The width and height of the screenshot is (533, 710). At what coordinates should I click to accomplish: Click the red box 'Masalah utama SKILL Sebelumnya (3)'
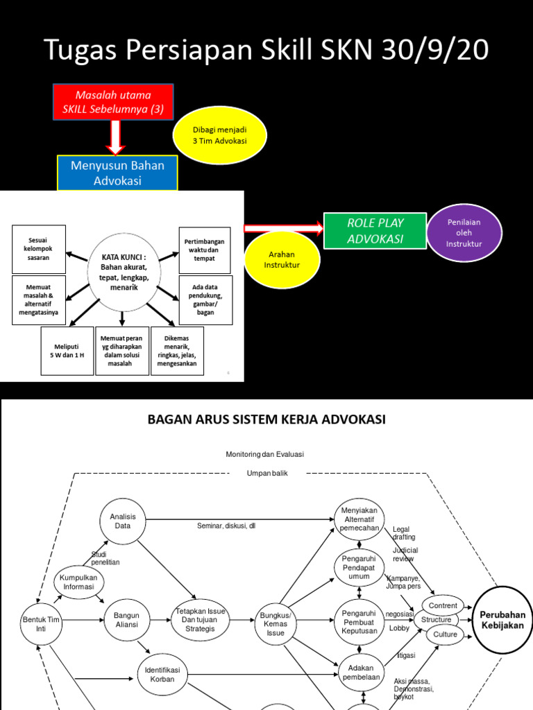[x=112, y=102]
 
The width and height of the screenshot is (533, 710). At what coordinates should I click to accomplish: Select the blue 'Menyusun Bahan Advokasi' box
[x=117, y=173]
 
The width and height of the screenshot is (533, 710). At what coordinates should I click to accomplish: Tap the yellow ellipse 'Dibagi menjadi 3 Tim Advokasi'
[x=219, y=135]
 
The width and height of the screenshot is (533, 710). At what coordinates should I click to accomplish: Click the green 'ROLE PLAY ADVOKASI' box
[x=375, y=231]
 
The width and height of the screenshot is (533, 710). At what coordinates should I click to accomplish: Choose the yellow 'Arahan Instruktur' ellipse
[x=282, y=260]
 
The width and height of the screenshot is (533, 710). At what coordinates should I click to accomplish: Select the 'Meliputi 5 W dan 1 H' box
[x=67, y=351]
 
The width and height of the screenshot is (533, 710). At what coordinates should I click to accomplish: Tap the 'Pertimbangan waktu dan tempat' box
[x=205, y=250]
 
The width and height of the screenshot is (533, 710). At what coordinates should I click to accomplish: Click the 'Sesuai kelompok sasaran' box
[x=39, y=249]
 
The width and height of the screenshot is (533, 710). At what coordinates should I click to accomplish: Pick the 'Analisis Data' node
[x=124, y=521]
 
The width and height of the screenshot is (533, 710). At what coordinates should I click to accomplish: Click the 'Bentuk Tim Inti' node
[x=40, y=620]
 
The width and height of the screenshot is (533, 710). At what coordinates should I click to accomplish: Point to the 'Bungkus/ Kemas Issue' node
[x=276, y=623]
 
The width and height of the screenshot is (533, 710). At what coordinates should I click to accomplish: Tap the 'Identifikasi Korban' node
[x=162, y=675]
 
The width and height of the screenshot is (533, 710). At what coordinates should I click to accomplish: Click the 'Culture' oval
[x=445, y=634]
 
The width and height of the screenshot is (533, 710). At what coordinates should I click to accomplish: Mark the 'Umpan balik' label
[x=267, y=473]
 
